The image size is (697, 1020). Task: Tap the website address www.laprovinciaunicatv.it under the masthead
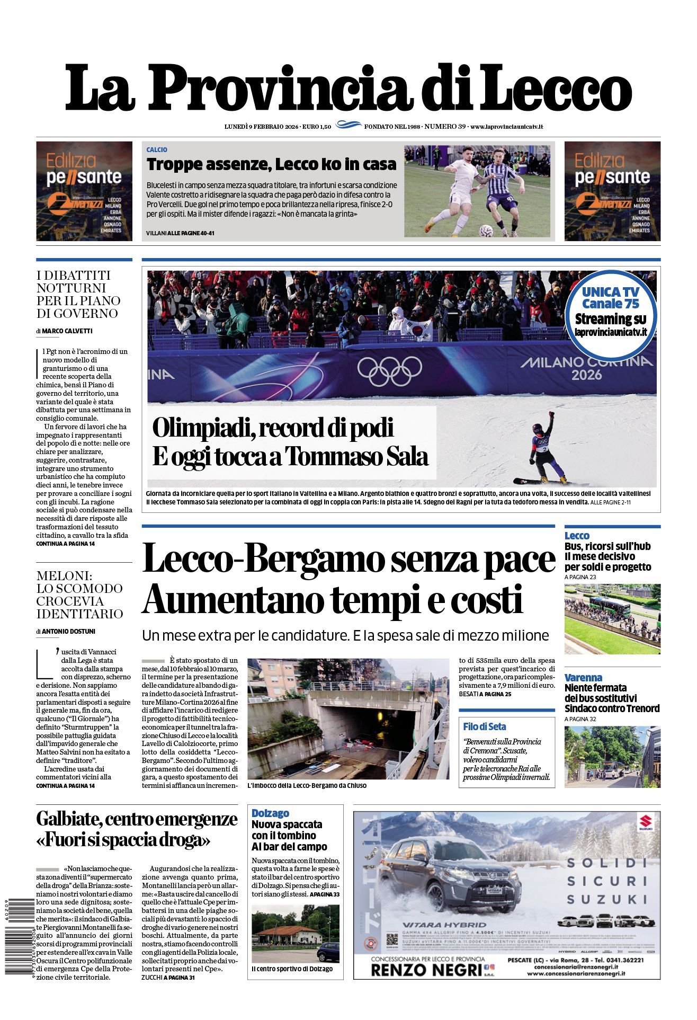(507, 127)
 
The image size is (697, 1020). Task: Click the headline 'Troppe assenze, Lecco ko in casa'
(271, 164)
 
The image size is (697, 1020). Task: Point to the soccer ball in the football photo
(485, 230)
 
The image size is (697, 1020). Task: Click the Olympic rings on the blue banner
(389, 369)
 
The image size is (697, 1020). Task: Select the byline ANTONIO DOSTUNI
(68, 631)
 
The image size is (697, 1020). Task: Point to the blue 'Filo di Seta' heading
(484, 726)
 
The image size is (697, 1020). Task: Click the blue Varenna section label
(583, 677)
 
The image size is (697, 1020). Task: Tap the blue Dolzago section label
(270, 813)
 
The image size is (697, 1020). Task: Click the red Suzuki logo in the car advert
(645, 828)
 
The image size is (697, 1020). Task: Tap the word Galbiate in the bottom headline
(67, 819)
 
